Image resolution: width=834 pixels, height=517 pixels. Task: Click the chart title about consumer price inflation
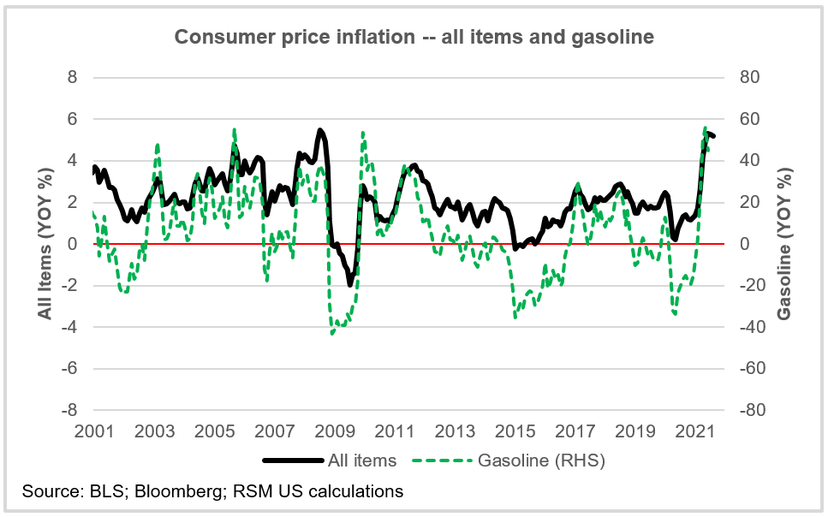pyautogui.click(x=414, y=37)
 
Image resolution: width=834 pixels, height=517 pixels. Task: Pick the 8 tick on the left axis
pyautogui.click(x=73, y=77)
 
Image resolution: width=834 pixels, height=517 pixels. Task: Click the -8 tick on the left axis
pyautogui.click(x=69, y=410)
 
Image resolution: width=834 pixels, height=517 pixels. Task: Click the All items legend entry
pyautogui.click(x=362, y=461)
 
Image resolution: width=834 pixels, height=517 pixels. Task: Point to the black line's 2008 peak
pyautogui.click(x=319, y=130)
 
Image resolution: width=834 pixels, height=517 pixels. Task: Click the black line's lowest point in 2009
pyautogui.click(x=349, y=284)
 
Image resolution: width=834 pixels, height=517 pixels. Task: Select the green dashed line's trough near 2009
pyautogui.click(x=332, y=333)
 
